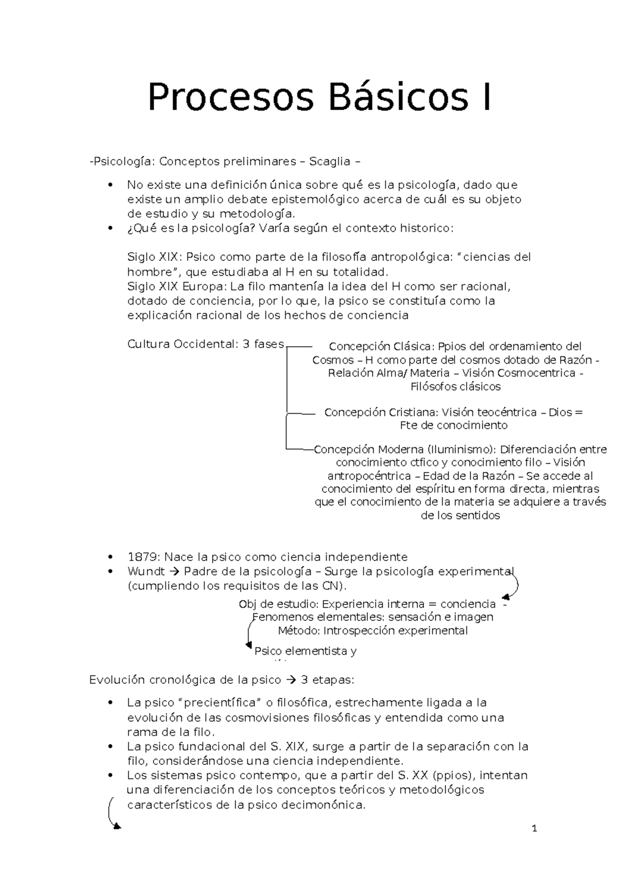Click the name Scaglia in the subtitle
[x=330, y=161]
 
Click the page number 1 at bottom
[x=534, y=829]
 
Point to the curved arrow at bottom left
[x=112, y=813]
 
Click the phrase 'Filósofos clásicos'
[x=456, y=387]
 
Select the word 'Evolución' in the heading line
[x=117, y=680]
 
